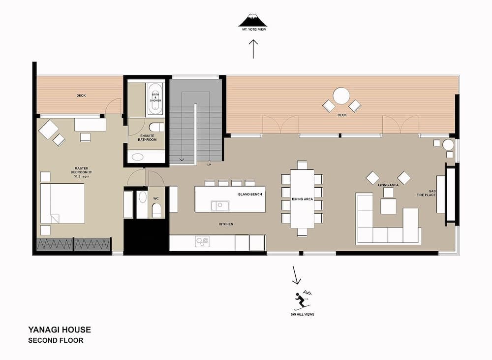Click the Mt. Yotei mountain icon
click(252, 20)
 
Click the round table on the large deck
click(341, 95)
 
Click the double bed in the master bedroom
click(62, 203)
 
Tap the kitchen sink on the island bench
click(219, 205)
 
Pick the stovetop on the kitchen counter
click(202, 241)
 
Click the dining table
click(302, 198)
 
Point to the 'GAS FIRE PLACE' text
click(432, 194)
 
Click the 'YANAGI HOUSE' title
click(59, 330)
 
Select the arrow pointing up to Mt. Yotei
click(253, 49)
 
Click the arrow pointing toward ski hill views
click(296, 275)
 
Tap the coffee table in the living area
click(388, 206)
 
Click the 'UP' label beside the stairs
click(210, 164)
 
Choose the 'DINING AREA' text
click(302, 199)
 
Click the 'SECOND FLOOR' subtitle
click(56, 340)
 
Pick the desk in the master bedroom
click(90, 125)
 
